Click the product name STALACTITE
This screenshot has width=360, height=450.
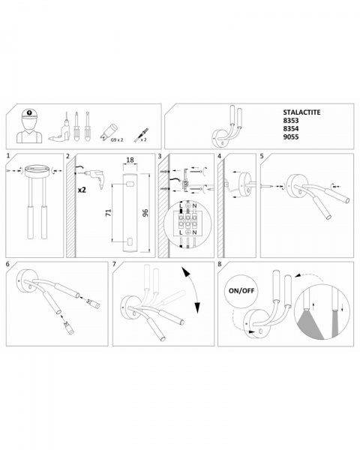pos(301,112)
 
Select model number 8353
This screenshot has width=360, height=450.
pos(291,121)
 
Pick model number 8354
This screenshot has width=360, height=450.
pos(291,128)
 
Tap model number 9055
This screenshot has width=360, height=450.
pos(291,137)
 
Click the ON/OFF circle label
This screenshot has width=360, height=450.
pos(241,291)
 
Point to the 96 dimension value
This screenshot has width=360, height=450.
pos(145,213)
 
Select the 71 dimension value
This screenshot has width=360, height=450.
pos(109,213)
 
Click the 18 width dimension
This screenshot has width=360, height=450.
pos(130,160)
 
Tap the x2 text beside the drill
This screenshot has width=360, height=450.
pos(82,190)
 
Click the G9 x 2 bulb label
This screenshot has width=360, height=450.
pos(117,139)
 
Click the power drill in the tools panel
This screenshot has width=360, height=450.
pos(60,130)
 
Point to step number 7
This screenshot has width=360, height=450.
pos(114,264)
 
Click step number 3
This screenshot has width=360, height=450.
pos(160,156)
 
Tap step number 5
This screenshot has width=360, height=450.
pos(262,156)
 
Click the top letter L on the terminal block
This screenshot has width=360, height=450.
pos(181,205)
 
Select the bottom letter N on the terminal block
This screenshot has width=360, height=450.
pos(195,232)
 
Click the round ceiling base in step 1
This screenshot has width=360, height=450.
pos(37,171)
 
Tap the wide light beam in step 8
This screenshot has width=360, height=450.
pos(311,324)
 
